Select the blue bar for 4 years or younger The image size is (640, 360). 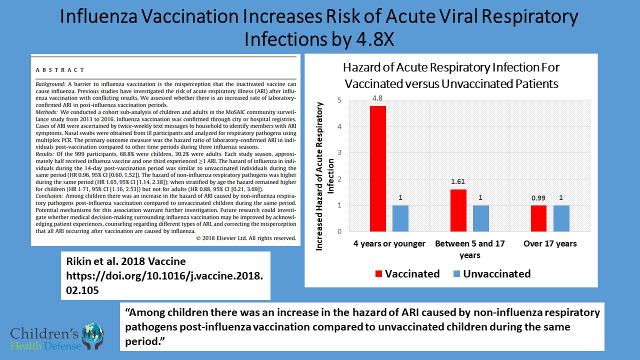click(400, 218)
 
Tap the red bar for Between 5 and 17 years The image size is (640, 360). click(458, 210)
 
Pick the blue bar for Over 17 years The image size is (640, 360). click(561, 218)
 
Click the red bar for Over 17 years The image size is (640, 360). click(538, 218)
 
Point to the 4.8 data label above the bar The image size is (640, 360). click(377, 98)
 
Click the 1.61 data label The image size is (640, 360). click(458, 182)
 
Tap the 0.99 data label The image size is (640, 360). click(538, 198)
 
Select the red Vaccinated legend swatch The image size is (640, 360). click(378, 274)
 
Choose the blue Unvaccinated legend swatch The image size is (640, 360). click(457, 274)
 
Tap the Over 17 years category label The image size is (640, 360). click(550, 244)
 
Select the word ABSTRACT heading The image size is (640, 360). click(60, 70)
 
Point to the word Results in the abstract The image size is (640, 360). click(44, 155)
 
